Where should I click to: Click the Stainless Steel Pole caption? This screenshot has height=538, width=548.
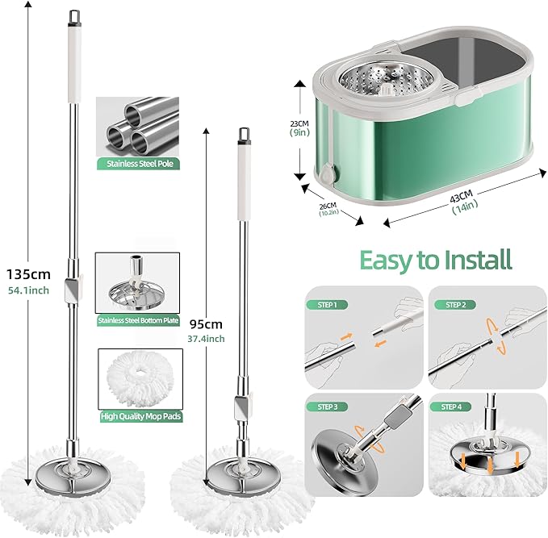[137, 163]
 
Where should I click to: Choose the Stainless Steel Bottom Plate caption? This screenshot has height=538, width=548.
[137, 320]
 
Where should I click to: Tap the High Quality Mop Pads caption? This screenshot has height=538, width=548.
[137, 416]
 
